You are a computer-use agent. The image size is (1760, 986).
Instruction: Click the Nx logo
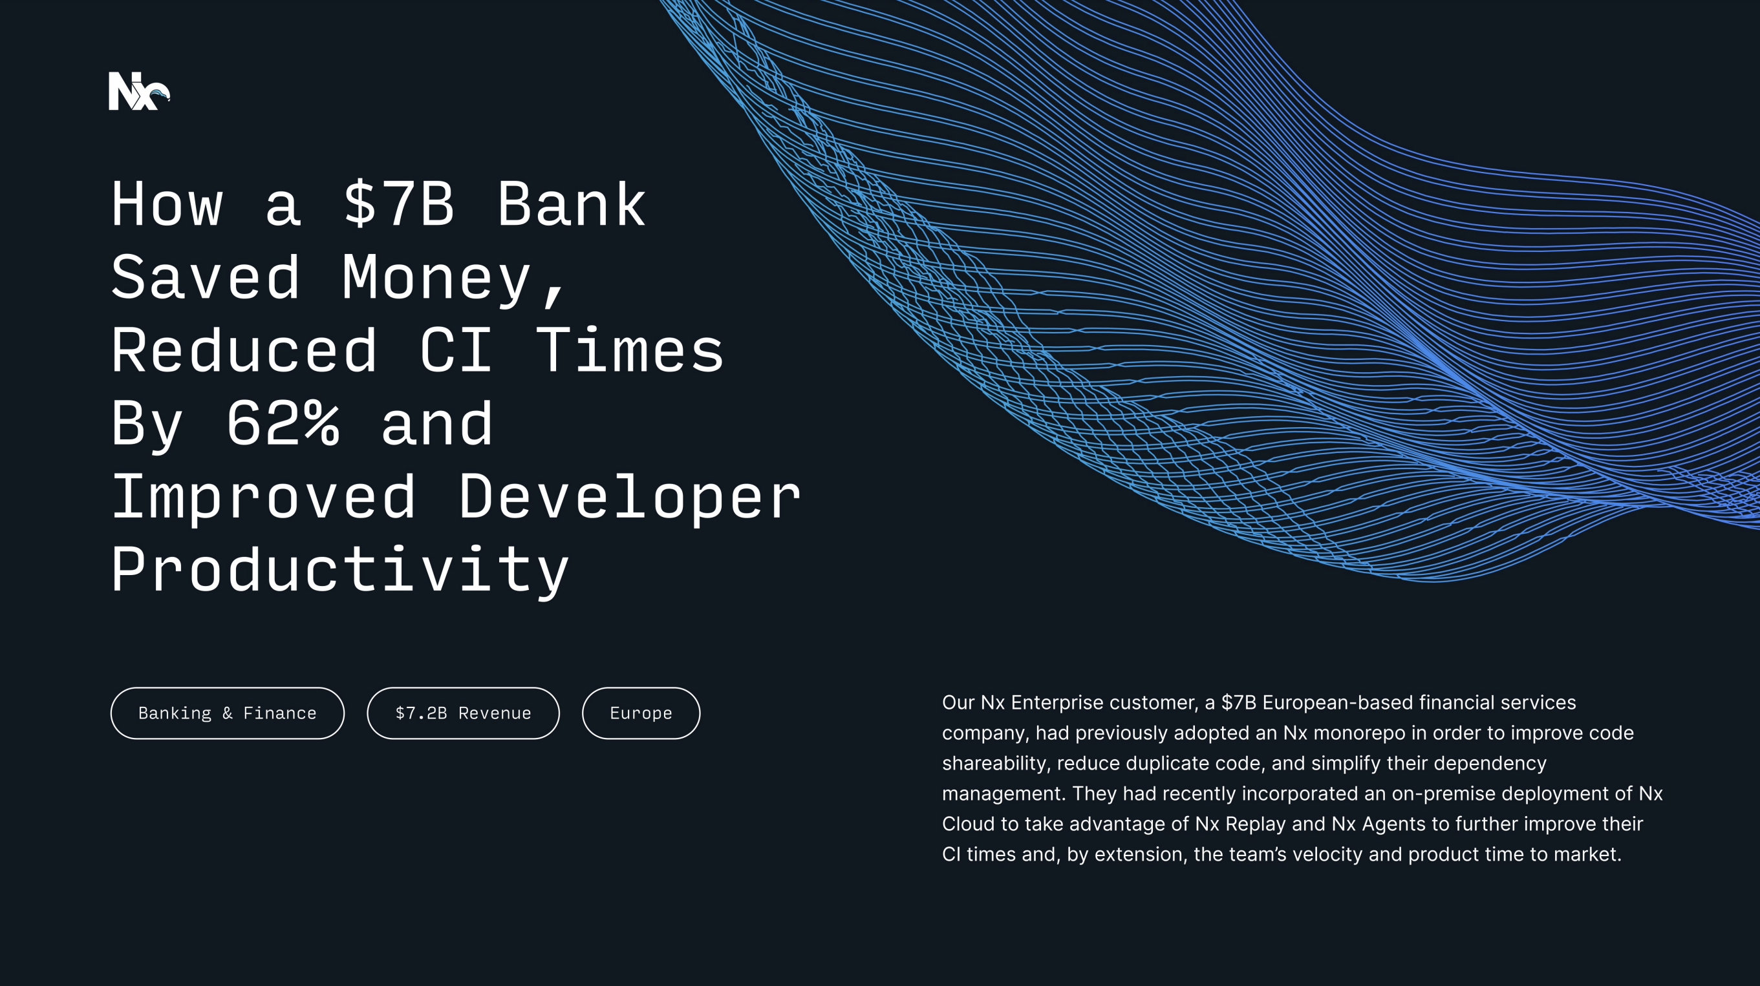click(139, 91)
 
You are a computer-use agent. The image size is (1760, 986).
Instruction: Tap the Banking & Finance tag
click(227, 713)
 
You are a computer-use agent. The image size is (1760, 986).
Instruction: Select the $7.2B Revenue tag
click(462, 713)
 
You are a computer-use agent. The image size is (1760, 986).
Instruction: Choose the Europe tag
click(640, 713)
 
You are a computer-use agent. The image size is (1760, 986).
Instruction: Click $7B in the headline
click(398, 204)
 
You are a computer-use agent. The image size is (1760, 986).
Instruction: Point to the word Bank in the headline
click(571, 204)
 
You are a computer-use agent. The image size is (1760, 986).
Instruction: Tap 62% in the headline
click(283, 424)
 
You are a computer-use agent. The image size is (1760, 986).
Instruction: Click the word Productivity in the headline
click(340, 570)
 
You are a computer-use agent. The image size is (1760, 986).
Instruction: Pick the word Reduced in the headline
click(244, 351)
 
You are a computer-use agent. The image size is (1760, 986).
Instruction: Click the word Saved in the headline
click(206, 278)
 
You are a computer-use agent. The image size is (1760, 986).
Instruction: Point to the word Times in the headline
click(629, 351)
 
